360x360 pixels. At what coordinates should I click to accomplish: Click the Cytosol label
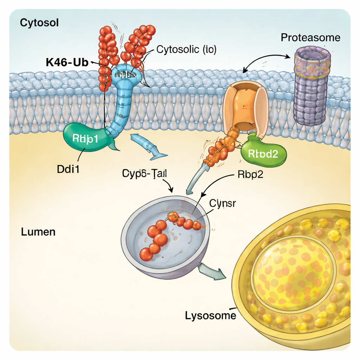tap(39, 23)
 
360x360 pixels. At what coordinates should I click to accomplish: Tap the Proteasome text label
tap(310, 38)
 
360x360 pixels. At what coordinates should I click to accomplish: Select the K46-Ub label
tap(67, 62)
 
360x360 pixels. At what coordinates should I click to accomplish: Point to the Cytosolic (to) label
tap(186, 50)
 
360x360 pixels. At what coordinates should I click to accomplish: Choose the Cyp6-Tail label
tap(144, 173)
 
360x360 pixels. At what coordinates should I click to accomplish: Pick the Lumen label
tap(38, 232)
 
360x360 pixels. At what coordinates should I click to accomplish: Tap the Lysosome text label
tap(210, 315)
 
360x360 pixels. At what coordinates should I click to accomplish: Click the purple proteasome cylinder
tap(311, 88)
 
